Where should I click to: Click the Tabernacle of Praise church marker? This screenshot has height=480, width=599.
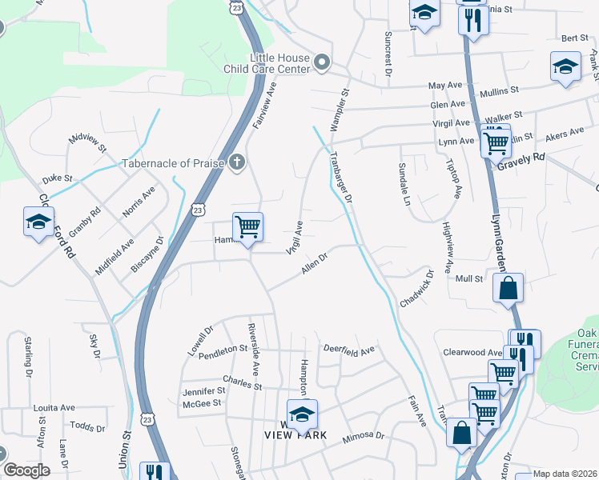click(x=236, y=163)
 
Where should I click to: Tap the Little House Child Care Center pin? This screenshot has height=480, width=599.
click(x=322, y=62)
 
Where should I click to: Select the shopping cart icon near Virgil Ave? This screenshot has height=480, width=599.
click(x=247, y=227)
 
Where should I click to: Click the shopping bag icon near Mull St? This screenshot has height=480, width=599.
click(x=509, y=288)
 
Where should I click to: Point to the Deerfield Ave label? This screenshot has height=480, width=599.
click(x=348, y=350)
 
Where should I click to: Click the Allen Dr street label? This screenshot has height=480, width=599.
click(x=315, y=265)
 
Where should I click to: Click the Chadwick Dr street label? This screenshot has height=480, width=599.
click(x=416, y=289)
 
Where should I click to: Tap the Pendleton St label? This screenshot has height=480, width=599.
click(x=223, y=350)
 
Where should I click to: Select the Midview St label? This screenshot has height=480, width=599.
click(x=87, y=143)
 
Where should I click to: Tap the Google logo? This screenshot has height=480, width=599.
click(x=26, y=470)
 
